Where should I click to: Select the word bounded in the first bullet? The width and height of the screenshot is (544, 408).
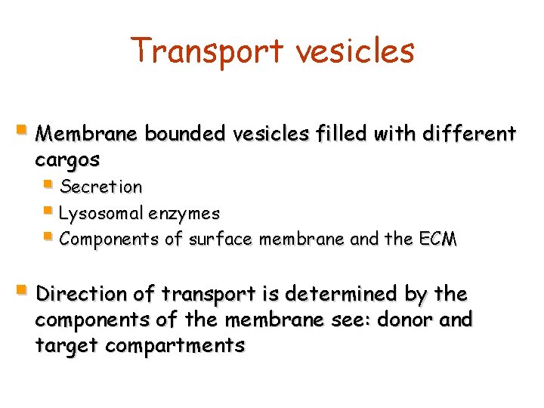tap(184, 134)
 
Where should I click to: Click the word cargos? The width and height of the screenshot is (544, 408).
tap(67, 160)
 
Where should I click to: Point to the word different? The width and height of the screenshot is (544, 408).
tap(470, 134)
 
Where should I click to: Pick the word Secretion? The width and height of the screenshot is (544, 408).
tap(100, 187)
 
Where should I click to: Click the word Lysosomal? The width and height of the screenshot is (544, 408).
tap(100, 214)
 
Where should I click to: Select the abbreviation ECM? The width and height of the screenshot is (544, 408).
tap(437, 240)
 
